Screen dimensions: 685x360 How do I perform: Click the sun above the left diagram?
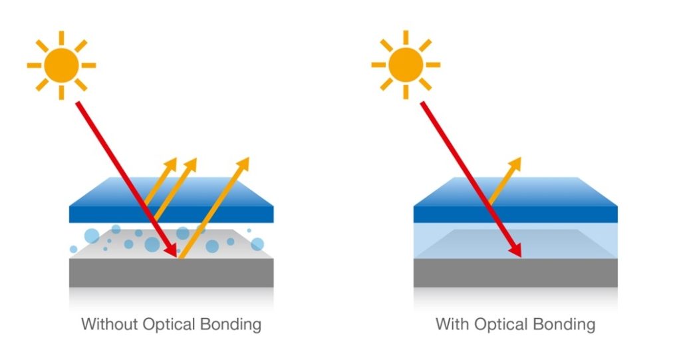62,65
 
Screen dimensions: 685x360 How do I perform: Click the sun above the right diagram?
406,65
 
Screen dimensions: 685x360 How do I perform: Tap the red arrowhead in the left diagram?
172,250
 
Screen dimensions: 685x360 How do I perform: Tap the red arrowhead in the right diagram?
515,250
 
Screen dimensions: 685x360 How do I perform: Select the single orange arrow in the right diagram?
505,180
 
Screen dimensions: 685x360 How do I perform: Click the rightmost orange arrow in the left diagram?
213,208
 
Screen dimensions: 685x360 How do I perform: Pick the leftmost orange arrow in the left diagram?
160,181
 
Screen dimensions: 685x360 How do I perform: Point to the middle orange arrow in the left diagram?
175,189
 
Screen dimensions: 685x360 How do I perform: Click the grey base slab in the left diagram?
172,273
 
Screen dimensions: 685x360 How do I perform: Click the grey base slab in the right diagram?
515,273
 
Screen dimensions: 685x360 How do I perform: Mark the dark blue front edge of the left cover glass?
172,214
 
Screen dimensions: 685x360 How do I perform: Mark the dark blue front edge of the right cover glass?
515,214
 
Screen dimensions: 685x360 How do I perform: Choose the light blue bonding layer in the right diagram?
515,241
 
